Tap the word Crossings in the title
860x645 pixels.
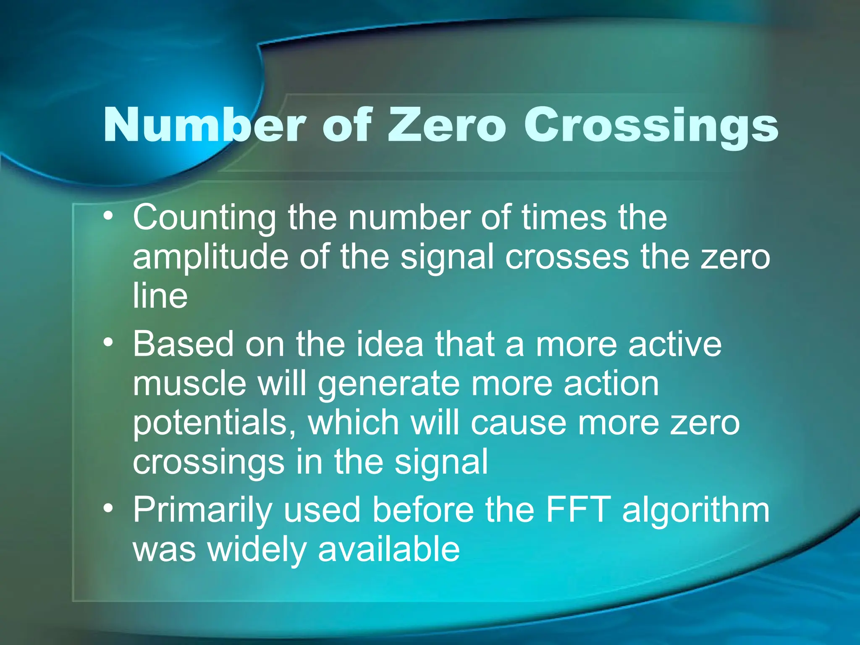[x=650, y=125]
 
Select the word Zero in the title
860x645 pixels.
[x=447, y=125]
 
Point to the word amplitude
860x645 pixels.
[x=210, y=257]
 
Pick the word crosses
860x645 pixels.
[x=567, y=257]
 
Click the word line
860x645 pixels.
[x=160, y=296]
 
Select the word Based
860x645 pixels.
[x=183, y=344]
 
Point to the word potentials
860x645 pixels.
[x=215, y=423]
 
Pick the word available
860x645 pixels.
[x=389, y=549]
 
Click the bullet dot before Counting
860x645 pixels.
[x=109, y=217]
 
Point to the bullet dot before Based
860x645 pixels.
[x=109, y=343]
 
